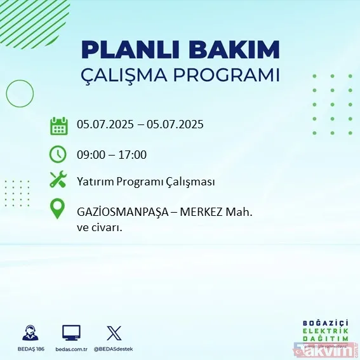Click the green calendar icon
(58, 125)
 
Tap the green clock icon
(58, 154)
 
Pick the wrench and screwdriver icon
(58, 180)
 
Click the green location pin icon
(58, 209)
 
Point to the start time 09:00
(91, 154)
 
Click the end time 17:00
(134, 154)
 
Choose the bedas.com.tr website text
(71, 349)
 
